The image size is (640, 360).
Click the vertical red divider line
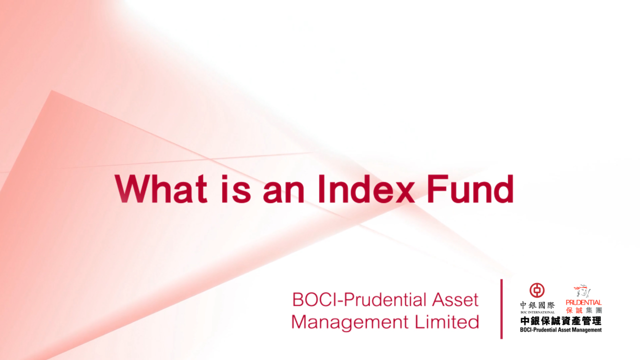(501, 309)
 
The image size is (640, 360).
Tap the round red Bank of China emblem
(537, 290)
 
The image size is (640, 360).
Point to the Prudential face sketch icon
(583, 291)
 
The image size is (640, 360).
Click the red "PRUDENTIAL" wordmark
(583, 302)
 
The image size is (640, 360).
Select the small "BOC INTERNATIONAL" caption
(537, 312)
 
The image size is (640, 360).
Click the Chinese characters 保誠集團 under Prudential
(583, 310)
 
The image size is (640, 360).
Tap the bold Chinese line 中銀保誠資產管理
(560, 321)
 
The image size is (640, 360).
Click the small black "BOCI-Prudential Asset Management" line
(560, 329)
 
